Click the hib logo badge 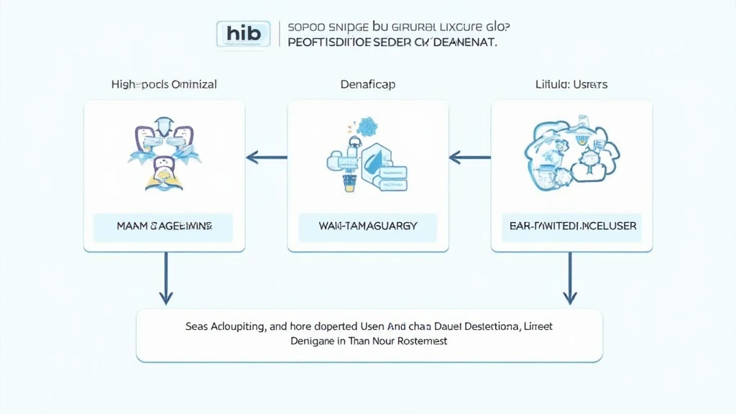(x=243, y=34)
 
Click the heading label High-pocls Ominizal (x=164, y=84)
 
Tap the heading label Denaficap (x=367, y=84)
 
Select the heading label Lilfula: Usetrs (x=571, y=84)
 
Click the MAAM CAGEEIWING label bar (x=164, y=226)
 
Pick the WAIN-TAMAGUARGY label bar (x=368, y=226)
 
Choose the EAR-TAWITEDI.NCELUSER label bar (x=571, y=226)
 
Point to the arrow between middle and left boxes (x=267, y=155)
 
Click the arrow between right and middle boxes (x=470, y=155)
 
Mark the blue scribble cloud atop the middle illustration (x=372, y=126)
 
